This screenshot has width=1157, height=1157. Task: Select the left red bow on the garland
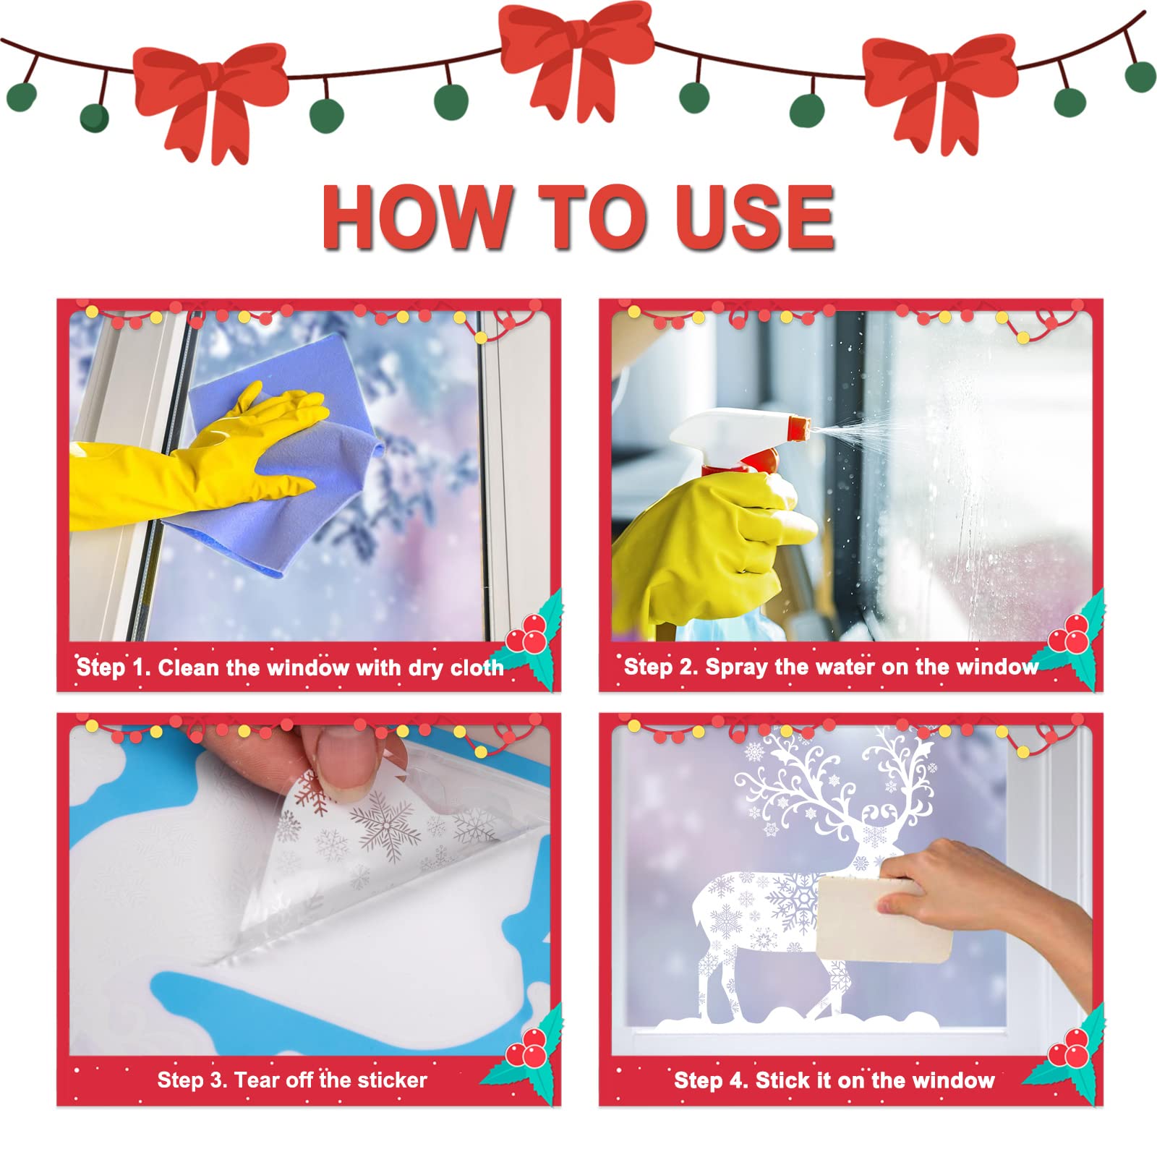(210, 98)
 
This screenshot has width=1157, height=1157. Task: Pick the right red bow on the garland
(940, 90)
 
